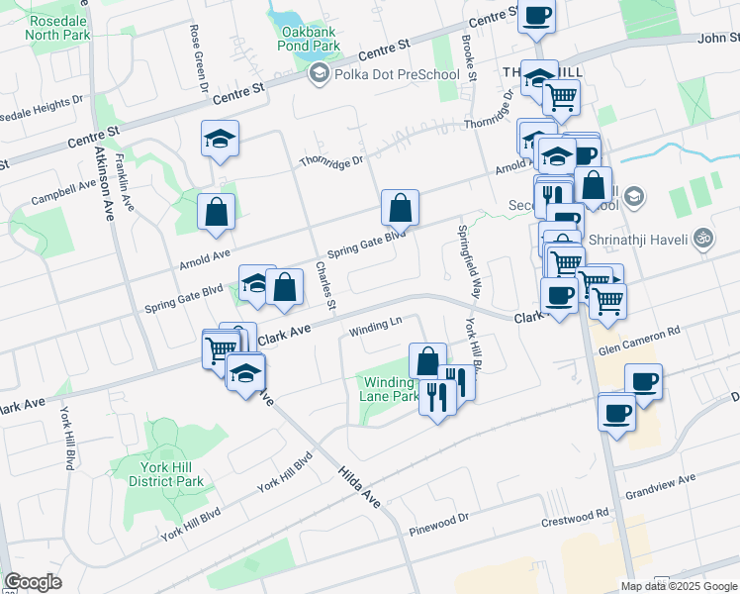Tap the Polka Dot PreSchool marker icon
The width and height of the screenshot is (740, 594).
point(319,74)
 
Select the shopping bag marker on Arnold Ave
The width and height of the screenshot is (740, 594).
point(216,211)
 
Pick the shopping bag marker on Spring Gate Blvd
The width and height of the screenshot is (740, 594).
point(400,208)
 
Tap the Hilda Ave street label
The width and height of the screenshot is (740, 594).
point(357,485)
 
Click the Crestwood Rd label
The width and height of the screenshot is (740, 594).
point(575,519)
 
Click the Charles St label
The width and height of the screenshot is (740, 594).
point(325,284)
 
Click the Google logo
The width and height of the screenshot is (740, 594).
point(34,582)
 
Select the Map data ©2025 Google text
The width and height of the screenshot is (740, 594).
point(679,586)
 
